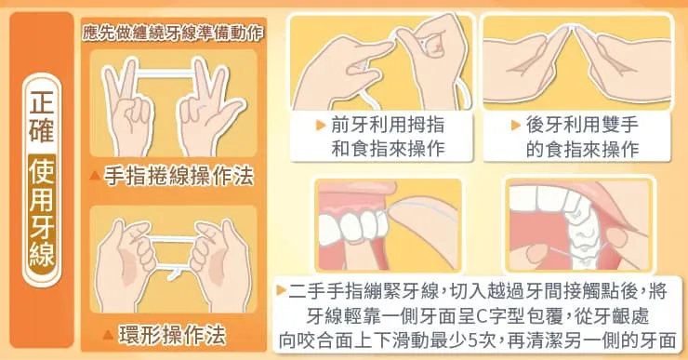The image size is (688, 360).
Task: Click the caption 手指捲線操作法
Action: pyautogui.click(x=179, y=177)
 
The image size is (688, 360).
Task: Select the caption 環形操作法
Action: pyautogui.click(x=172, y=336)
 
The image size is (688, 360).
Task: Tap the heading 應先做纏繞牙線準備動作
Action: pyautogui.click(x=173, y=33)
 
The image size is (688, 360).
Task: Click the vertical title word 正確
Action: pyautogui.click(x=42, y=115)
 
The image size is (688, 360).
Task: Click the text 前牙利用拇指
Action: pyautogui.click(x=388, y=126)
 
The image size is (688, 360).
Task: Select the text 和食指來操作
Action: pyautogui.click(x=388, y=149)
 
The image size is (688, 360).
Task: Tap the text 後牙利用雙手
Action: pyautogui.click(x=582, y=126)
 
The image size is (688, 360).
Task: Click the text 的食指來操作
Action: pyautogui.click(x=582, y=149)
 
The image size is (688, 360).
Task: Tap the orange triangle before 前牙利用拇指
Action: pyautogui.click(x=321, y=126)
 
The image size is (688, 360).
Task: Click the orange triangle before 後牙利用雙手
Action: pyautogui.click(x=516, y=126)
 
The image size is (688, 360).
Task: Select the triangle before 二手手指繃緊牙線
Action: pyautogui.click(x=282, y=290)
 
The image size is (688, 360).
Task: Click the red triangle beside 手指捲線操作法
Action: pyautogui.click(x=95, y=177)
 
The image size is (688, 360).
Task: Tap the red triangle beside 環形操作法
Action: pyautogui.click(x=108, y=336)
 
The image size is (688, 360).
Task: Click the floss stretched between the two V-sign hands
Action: pyautogui.click(x=165, y=73)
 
